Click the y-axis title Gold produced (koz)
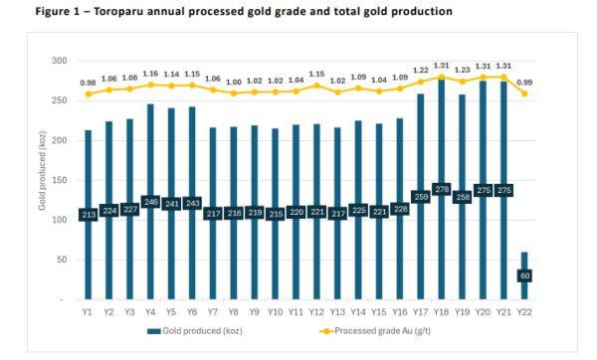(x=43, y=179)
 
